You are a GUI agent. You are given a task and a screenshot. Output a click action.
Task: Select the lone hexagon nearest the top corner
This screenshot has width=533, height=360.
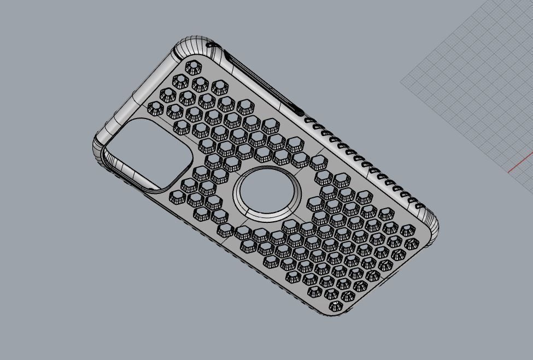(192, 67)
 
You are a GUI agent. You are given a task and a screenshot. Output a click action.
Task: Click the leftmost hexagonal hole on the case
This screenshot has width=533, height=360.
(156, 108)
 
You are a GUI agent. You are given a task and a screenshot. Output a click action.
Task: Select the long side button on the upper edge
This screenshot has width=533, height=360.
(262, 82)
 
